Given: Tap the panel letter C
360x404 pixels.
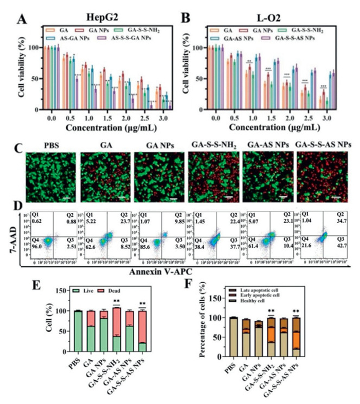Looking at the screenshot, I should point(20,150).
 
